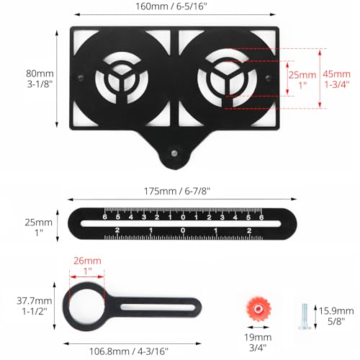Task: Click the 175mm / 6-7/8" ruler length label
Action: [x=181, y=192]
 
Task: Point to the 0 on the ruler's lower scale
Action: [x=183, y=230]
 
